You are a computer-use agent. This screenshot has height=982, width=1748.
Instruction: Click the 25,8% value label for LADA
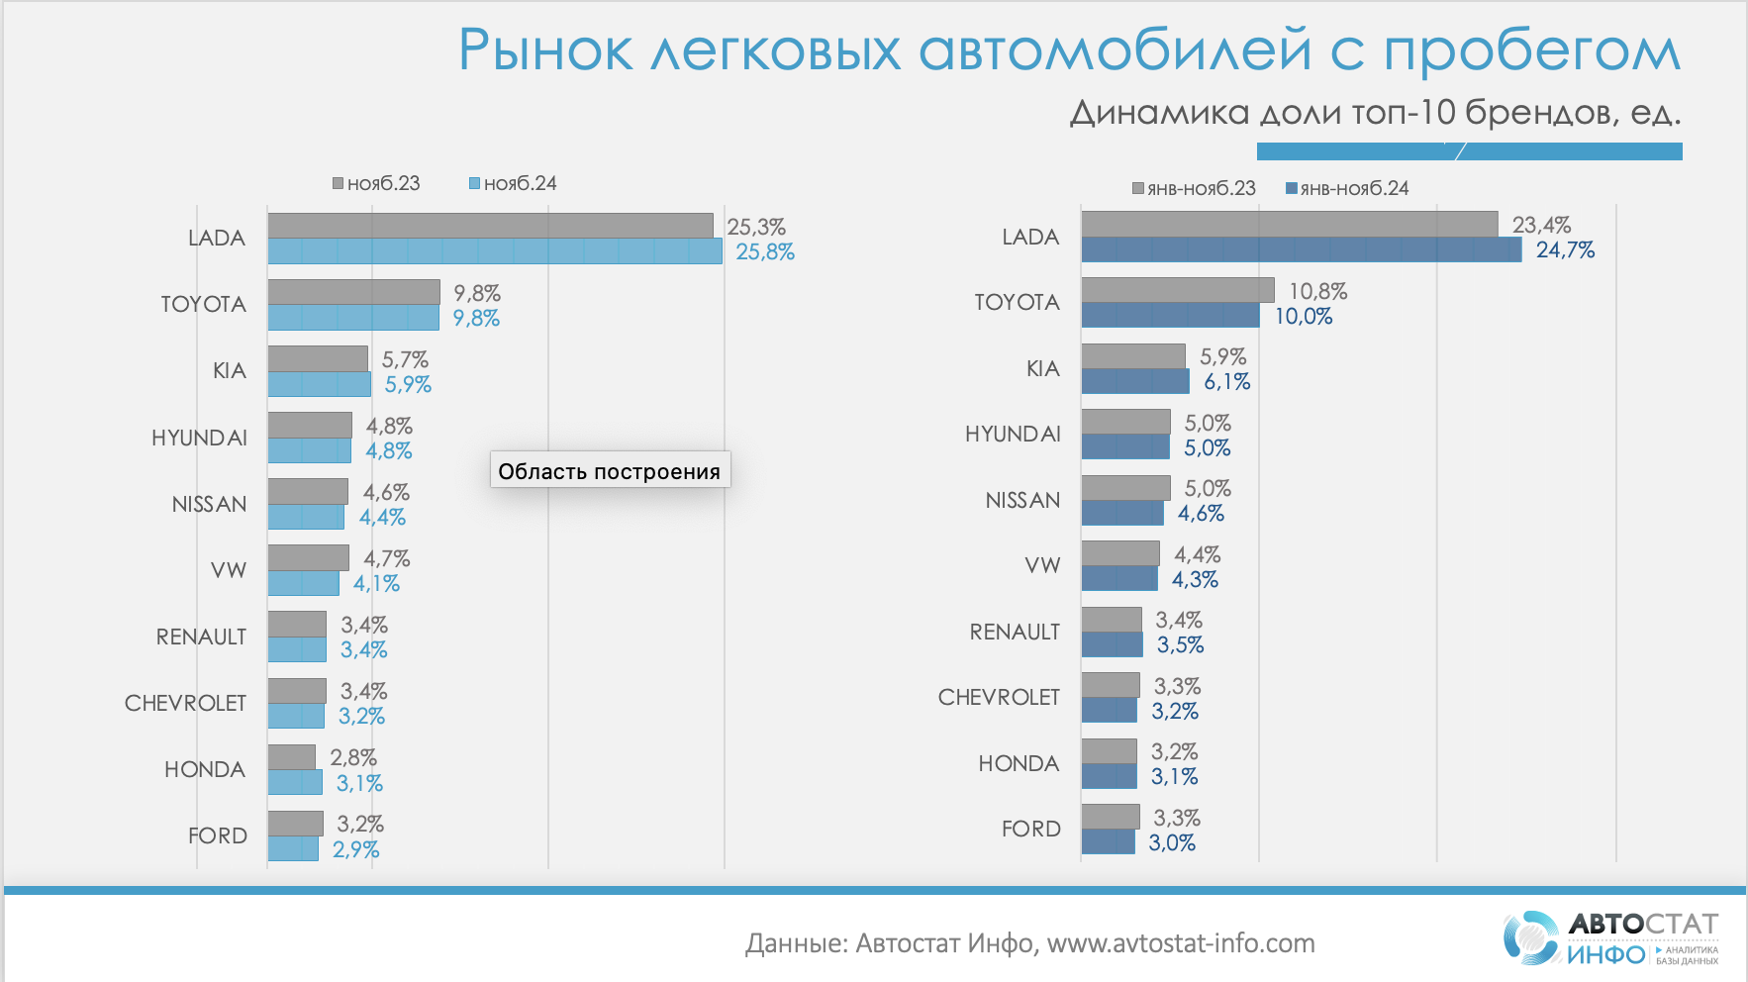tap(764, 252)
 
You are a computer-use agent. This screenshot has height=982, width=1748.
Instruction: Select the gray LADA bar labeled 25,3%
tap(490, 226)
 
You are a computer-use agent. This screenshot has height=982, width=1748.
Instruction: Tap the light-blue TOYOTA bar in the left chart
tap(353, 318)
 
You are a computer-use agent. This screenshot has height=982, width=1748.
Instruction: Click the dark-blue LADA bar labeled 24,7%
tap(1301, 249)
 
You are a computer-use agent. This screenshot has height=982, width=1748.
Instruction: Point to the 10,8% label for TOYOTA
tap(1317, 291)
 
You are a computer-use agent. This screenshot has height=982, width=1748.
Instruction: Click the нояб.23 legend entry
tap(376, 183)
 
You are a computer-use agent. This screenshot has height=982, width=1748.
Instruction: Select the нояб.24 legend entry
tap(513, 183)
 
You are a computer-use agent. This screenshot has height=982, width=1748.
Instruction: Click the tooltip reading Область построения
tap(610, 470)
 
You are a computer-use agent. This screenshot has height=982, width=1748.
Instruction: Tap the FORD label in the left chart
tap(218, 835)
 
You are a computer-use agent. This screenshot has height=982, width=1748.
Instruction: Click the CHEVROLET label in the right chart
tap(999, 697)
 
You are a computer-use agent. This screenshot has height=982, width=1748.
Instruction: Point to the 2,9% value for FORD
tap(355, 849)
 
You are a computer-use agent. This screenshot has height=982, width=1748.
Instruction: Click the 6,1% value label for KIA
tap(1226, 382)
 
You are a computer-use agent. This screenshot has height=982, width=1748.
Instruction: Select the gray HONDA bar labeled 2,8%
tap(292, 757)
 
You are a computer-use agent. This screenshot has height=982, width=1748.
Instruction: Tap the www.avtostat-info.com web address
tap(1181, 943)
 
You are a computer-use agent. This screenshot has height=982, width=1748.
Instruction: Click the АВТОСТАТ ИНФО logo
tap(1610, 938)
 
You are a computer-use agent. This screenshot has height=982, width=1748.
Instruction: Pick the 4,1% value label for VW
tap(376, 584)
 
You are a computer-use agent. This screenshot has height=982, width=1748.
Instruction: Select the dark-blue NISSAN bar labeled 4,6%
tap(1122, 513)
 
